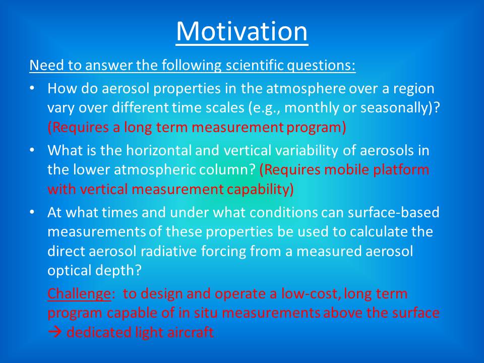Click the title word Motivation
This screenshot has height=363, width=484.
(242, 31)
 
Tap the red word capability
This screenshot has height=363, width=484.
(258, 190)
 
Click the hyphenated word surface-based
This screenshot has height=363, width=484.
(394, 212)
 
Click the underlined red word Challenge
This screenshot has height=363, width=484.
(79, 293)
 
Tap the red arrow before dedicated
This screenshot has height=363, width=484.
(54, 332)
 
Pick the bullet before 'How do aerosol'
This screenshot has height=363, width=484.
(32, 88)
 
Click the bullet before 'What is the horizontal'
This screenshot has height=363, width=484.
(32, 150)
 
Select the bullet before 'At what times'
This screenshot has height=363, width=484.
(32, 212)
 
